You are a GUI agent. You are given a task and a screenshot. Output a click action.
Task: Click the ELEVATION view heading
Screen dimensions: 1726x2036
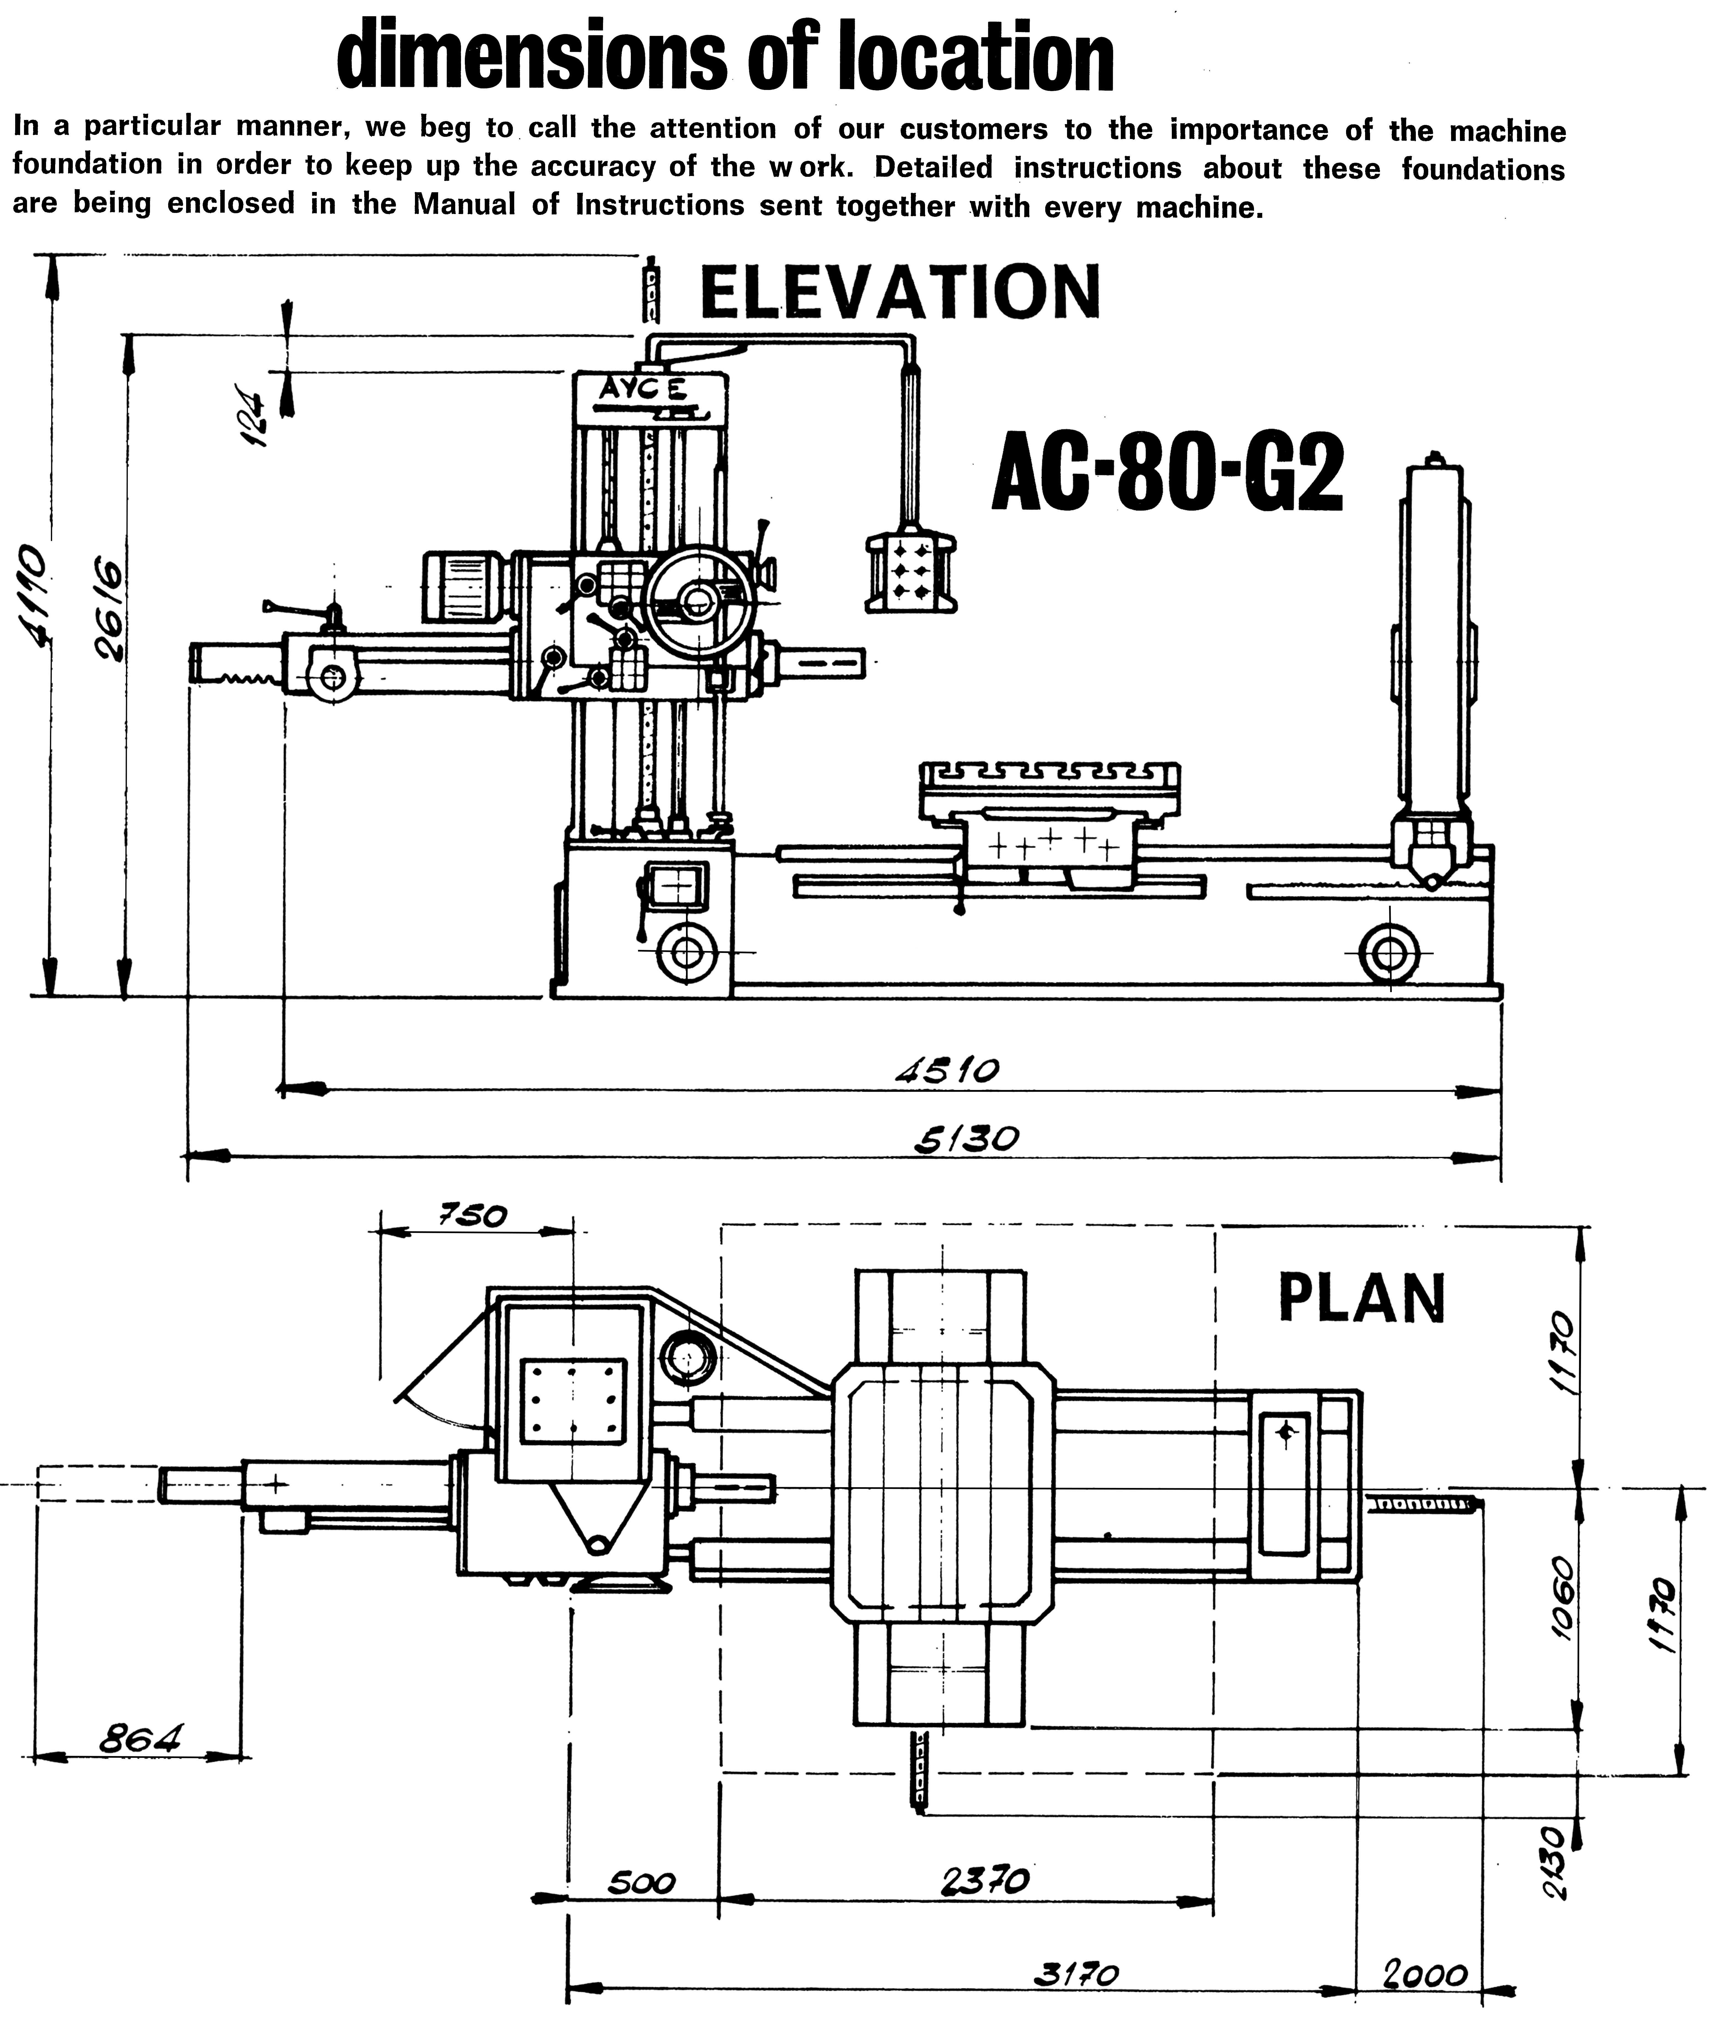pos(900,293)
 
